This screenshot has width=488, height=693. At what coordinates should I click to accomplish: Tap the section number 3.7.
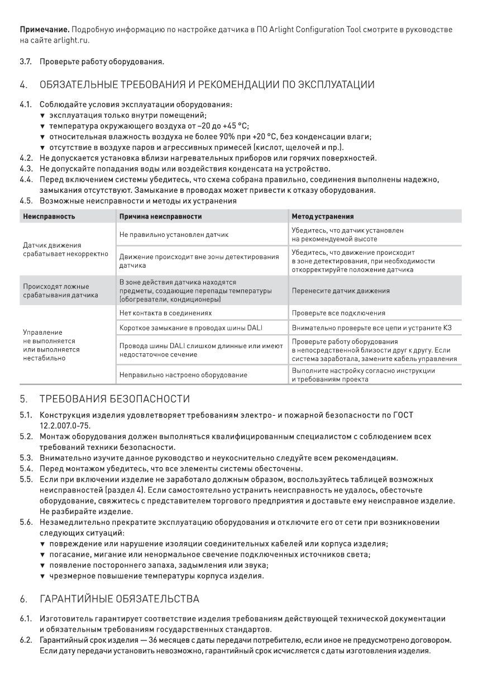(x=26, y=61)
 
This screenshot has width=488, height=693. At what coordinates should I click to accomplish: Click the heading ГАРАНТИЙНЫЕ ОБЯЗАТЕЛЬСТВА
(x=119, y=599)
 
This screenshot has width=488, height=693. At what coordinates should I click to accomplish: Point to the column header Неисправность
(x=49, y=216)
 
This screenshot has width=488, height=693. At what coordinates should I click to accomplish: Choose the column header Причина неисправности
(x=161, y=216)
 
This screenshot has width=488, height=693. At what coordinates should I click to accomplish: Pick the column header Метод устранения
(x=322, y=216)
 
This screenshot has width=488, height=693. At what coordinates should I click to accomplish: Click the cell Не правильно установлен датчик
(x=174, y=235)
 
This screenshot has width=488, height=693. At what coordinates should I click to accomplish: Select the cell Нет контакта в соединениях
(x=166, y=314)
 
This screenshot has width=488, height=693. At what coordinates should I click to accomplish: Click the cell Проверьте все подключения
(x=338, y=314)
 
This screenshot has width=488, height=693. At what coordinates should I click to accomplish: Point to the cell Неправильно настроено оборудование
(x=183, y=375)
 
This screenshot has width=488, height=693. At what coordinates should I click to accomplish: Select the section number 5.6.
(x=26, y=523)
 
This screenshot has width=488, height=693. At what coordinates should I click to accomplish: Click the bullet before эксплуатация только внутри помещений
(x=42, y=115)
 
